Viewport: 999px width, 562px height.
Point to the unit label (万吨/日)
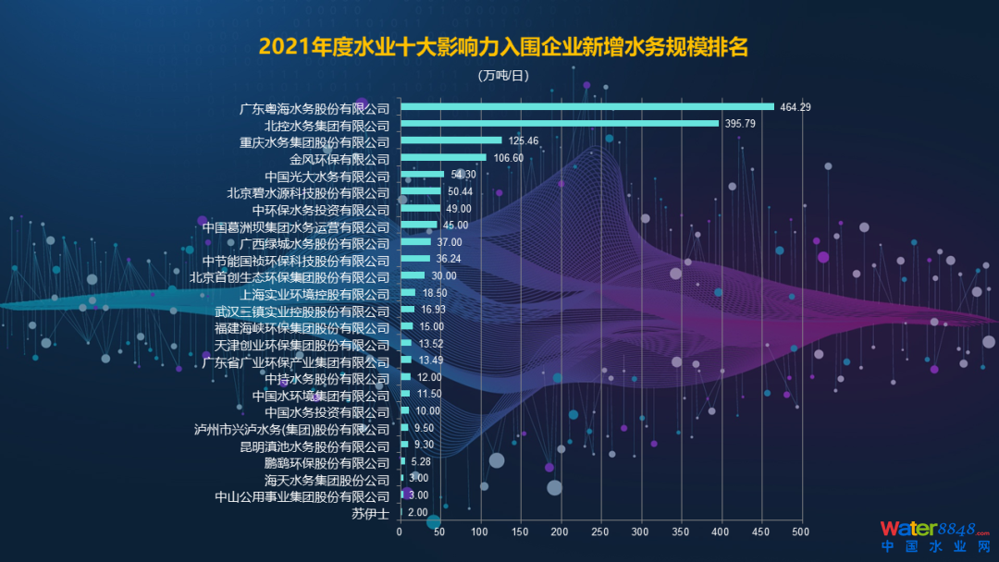[x=503, y=76]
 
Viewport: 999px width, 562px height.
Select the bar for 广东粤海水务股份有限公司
[x=586, y=106]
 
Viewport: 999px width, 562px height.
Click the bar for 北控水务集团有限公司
[x=559, y=123]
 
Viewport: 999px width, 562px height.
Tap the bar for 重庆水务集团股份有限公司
[x=450, y=140]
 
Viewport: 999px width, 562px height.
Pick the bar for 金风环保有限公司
[x=443, y=157]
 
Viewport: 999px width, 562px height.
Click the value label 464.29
[x=795, y=107]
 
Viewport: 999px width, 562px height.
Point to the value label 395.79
[x=740, y=124]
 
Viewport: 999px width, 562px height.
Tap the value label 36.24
[x=449, y=259]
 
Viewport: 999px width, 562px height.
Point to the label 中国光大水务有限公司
[x=327, y=177]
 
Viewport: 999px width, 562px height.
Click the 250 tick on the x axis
[x=599, y=531]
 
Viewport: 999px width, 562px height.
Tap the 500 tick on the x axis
[x=800, y=531]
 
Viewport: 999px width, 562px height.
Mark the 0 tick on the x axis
[x=400, y=531]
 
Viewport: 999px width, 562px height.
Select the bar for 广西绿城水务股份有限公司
[x=414, y=242]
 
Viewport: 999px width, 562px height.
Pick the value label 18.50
[x=434, y=293]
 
